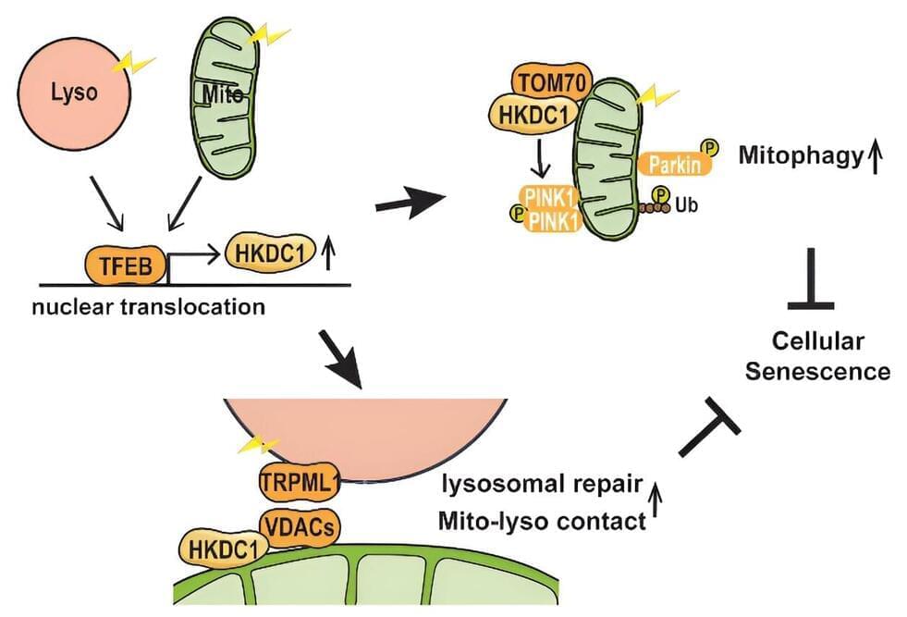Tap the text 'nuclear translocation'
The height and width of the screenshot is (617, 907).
[148, 306]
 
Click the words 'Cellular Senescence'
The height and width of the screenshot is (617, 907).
[817, 356]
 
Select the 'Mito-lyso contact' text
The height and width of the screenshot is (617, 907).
[542, 521]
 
